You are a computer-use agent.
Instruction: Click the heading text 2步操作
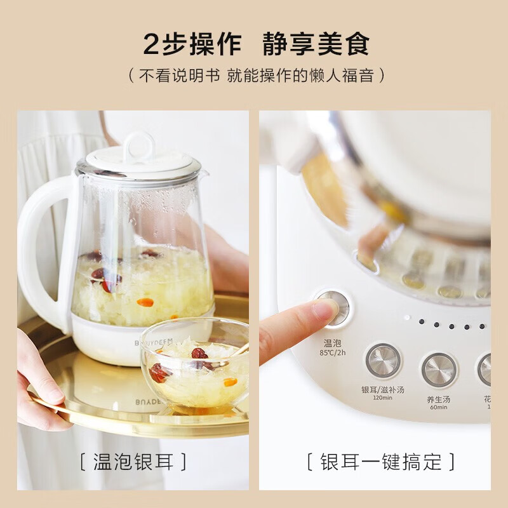[x=192, y=44]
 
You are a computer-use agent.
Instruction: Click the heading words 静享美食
[x=316, y=44]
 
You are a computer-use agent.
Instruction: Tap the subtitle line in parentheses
[x=254, y=76]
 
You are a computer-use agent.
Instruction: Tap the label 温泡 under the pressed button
[x=331, y=344]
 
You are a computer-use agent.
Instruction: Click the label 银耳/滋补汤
[x=383, y=389]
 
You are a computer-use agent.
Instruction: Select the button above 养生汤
[x=439, y=369]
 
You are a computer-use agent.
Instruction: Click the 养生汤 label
[x=439, y=400]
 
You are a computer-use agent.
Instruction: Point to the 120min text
[x=383, y=398]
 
